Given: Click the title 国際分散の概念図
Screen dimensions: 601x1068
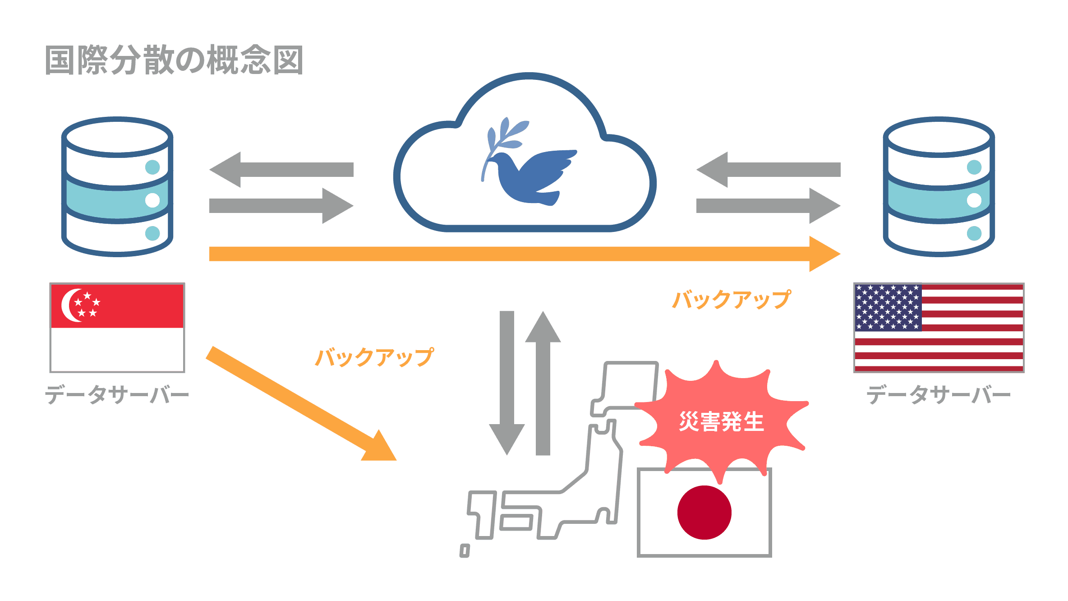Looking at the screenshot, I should tap(174, 60).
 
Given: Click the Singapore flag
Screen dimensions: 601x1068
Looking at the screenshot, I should tap(117, 328).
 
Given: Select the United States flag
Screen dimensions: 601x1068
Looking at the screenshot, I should tap(939, 328).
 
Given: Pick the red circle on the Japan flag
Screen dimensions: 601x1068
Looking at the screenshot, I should tap(704, 512).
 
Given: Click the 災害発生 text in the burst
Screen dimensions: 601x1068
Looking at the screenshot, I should tap(721, 422).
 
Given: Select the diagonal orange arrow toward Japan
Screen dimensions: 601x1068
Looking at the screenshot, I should tap(298, 402).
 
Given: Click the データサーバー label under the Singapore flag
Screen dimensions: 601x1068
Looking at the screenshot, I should tap(116, 395).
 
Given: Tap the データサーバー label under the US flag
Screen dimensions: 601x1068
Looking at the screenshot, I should tap(938, 395).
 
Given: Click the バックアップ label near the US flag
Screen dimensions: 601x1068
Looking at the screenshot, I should tap(731, 300).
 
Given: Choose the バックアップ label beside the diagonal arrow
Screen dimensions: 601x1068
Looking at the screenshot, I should tap(374, 357).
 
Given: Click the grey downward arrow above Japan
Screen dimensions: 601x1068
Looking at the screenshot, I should tap(507, 384).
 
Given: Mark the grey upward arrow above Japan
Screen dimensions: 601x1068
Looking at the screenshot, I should tap(543, 384).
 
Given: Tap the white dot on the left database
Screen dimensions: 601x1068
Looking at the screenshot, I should tap(152, 200).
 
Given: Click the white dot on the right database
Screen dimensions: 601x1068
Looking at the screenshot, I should tap(974, 200).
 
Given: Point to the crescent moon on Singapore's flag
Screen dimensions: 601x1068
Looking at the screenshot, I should tap(70, 305).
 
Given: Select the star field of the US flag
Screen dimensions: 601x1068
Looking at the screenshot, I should tap(888, 307).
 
